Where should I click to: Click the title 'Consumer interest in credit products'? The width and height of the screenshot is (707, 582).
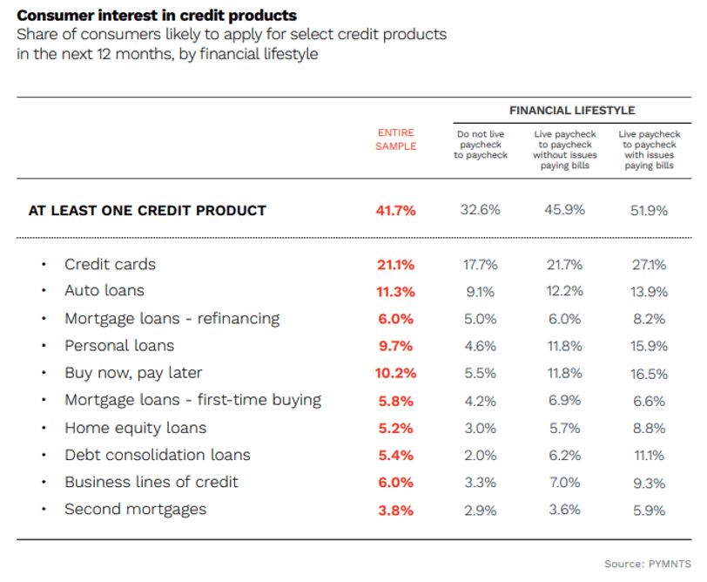(x=157, y=16)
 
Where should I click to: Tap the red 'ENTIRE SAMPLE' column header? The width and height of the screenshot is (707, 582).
(x=395, y=139)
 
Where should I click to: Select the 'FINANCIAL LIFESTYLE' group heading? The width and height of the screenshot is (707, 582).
(x=572, y=111)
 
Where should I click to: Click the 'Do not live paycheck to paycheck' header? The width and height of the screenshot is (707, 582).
(x=481, y=145)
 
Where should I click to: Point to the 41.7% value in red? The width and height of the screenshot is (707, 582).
(x=395, y=210)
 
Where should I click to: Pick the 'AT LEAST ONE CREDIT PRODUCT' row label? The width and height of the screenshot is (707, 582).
(x=147, y=210)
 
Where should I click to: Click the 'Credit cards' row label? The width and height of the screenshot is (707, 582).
(x=110, y=264)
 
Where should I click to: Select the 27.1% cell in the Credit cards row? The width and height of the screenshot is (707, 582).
(x=650, y=265)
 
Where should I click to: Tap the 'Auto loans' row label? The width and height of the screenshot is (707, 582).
(x=104, y=290)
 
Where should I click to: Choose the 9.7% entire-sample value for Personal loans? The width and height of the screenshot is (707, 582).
(x=395, y=346)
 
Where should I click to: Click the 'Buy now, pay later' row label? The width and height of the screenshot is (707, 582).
(x=133, y=373)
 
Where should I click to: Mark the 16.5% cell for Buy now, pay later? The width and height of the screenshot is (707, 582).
(x=650, y=374)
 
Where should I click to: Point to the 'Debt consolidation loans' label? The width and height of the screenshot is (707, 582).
(x=158, y=455)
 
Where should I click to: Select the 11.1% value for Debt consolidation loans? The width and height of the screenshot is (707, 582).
(x=650, y=456)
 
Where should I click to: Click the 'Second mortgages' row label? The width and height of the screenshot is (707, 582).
(x=136, y=509)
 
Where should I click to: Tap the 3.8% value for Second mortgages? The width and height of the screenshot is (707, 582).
(x=395, y=511)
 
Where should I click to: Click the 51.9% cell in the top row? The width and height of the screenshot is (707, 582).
(x=650, y=210)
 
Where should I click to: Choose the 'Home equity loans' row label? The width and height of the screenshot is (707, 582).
(x=136, y=428)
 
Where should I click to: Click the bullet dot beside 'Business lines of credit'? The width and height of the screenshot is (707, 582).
(x=42, y=483)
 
